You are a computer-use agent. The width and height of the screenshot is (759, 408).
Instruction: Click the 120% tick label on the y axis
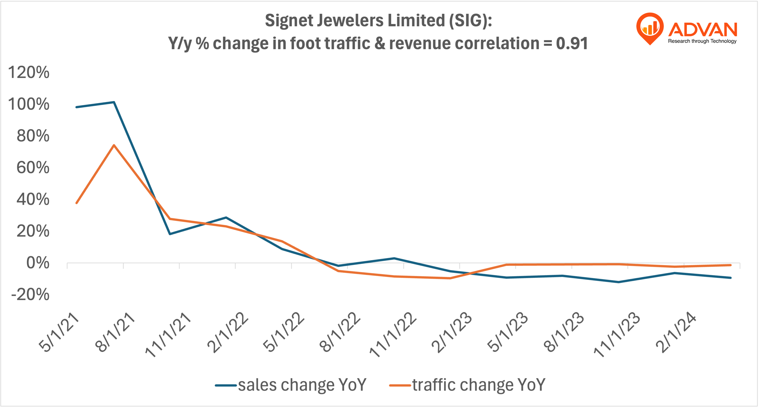pos(29,72)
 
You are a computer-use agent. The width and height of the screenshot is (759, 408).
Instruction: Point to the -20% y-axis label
pos(30,295)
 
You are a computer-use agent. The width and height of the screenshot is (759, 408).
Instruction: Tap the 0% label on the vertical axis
pos(38,263)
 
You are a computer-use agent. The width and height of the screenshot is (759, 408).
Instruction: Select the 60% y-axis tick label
pos(33,168)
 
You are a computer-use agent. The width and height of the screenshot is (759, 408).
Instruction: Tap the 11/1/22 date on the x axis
pos(393,335)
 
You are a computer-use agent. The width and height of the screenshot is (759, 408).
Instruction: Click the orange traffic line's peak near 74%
pos(114,145)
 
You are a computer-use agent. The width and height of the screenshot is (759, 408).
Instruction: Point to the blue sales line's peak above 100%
pos(114,102)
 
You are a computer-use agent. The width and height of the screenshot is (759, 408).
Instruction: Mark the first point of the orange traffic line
pos(77,203)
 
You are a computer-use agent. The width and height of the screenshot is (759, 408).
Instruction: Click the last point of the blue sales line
pos(730,278)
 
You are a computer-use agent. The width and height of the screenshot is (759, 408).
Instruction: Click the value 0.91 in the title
pos(572,43)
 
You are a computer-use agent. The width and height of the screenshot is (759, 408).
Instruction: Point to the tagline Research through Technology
pos(702,41)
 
